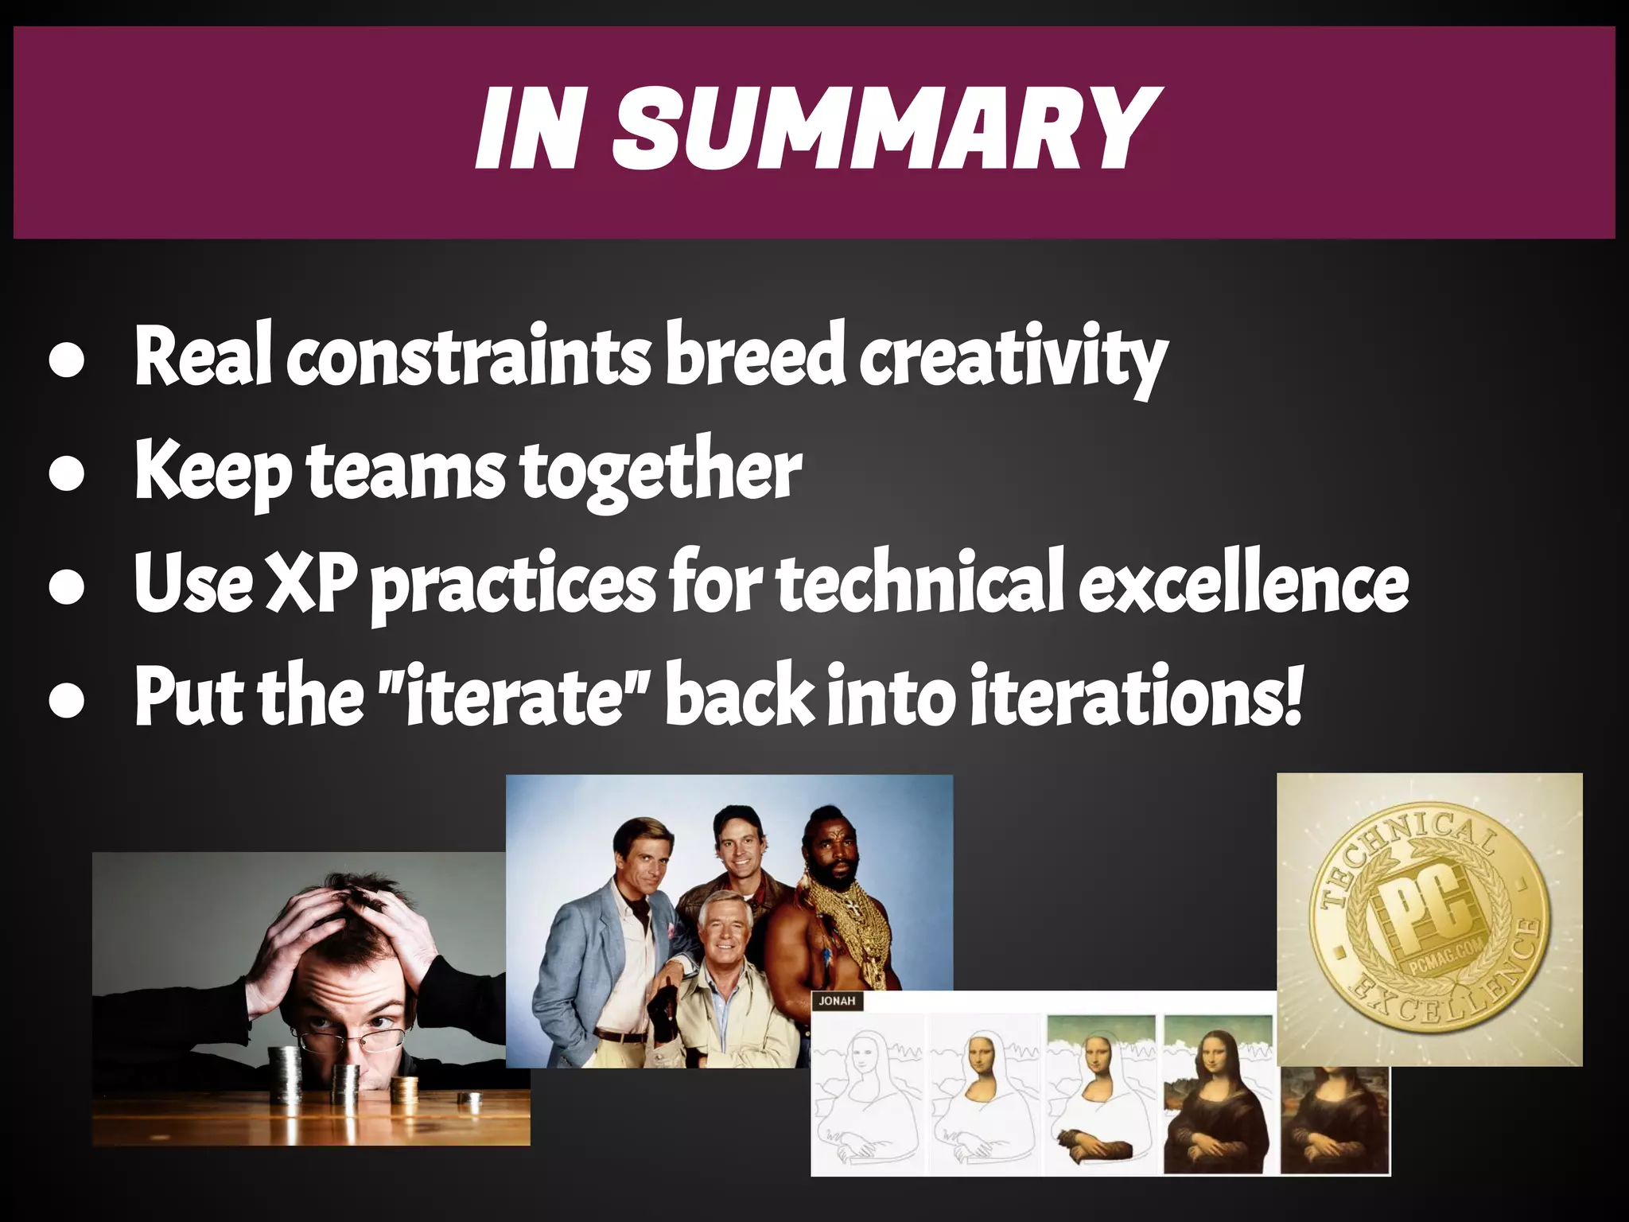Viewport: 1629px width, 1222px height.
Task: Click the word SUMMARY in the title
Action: pos(883,130)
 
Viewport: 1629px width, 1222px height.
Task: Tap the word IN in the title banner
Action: pos(529,130)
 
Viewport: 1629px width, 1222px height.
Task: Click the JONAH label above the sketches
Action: pos(837,1001)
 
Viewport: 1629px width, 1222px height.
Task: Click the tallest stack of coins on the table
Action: pos(286,1074)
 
